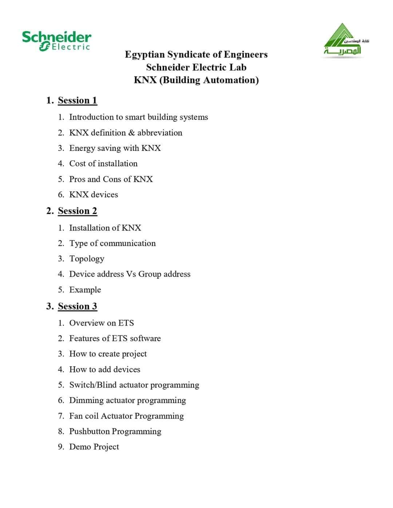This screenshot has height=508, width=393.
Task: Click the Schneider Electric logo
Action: click(56, 41)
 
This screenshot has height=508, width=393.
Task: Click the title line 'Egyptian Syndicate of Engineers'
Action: click(196, 55)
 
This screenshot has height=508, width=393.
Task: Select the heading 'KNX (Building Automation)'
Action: click(196, 80)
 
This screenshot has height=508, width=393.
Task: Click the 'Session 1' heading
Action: click(77, 100)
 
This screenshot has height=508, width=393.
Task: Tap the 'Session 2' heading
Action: click(77, 211)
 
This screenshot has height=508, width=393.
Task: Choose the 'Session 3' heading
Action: click(77, 306)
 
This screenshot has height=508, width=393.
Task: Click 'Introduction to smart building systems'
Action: click(138, 117)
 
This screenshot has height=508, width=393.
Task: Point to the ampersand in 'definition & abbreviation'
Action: click(131, 133)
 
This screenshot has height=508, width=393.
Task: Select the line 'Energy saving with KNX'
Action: click(115, 148)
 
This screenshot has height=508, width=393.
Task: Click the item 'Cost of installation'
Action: click(103, 164)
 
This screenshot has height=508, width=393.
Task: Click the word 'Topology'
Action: click(87, 259)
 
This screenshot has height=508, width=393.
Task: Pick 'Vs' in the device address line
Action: click(131, 274)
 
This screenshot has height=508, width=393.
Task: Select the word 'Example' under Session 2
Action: click(85, 290)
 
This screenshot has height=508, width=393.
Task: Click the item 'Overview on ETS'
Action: click(101, 323)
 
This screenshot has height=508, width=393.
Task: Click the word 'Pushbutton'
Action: click(89, 431)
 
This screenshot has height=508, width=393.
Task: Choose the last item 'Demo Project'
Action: click(94, 447)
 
